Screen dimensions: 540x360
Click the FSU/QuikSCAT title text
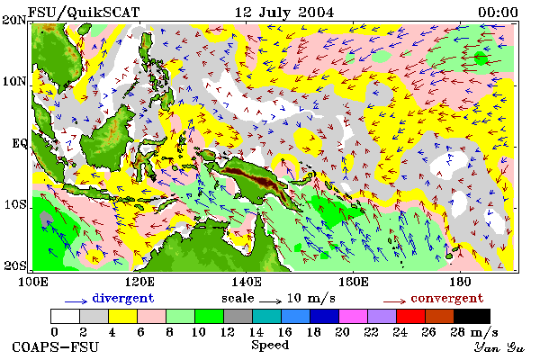(84, 13)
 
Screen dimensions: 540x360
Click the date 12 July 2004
(284, 13)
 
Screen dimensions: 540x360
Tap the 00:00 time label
(498, 13)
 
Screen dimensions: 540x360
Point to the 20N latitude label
(14, 20)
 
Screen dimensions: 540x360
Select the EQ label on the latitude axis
(20, 143)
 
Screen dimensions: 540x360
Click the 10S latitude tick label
(14, 204)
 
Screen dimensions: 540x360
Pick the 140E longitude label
(247, 282)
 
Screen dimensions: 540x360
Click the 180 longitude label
(460, 282)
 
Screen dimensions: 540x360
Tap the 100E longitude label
(33, 282)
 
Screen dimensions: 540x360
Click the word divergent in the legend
(123, 298)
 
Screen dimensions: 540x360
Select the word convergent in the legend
(447, 298)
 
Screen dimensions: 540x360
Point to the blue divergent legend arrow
(76, 301)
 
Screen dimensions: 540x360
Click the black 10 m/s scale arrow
(270, 301)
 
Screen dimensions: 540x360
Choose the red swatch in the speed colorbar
(410, 316)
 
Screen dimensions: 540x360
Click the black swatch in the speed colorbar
(472, 316)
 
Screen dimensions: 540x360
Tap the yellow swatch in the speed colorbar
(122, 316)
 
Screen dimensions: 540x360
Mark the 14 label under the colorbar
(256, 332)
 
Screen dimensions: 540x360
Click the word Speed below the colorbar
(270, 346)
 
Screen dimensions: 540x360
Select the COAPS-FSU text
(56, 347)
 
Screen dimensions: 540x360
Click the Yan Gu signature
(499, 347)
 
